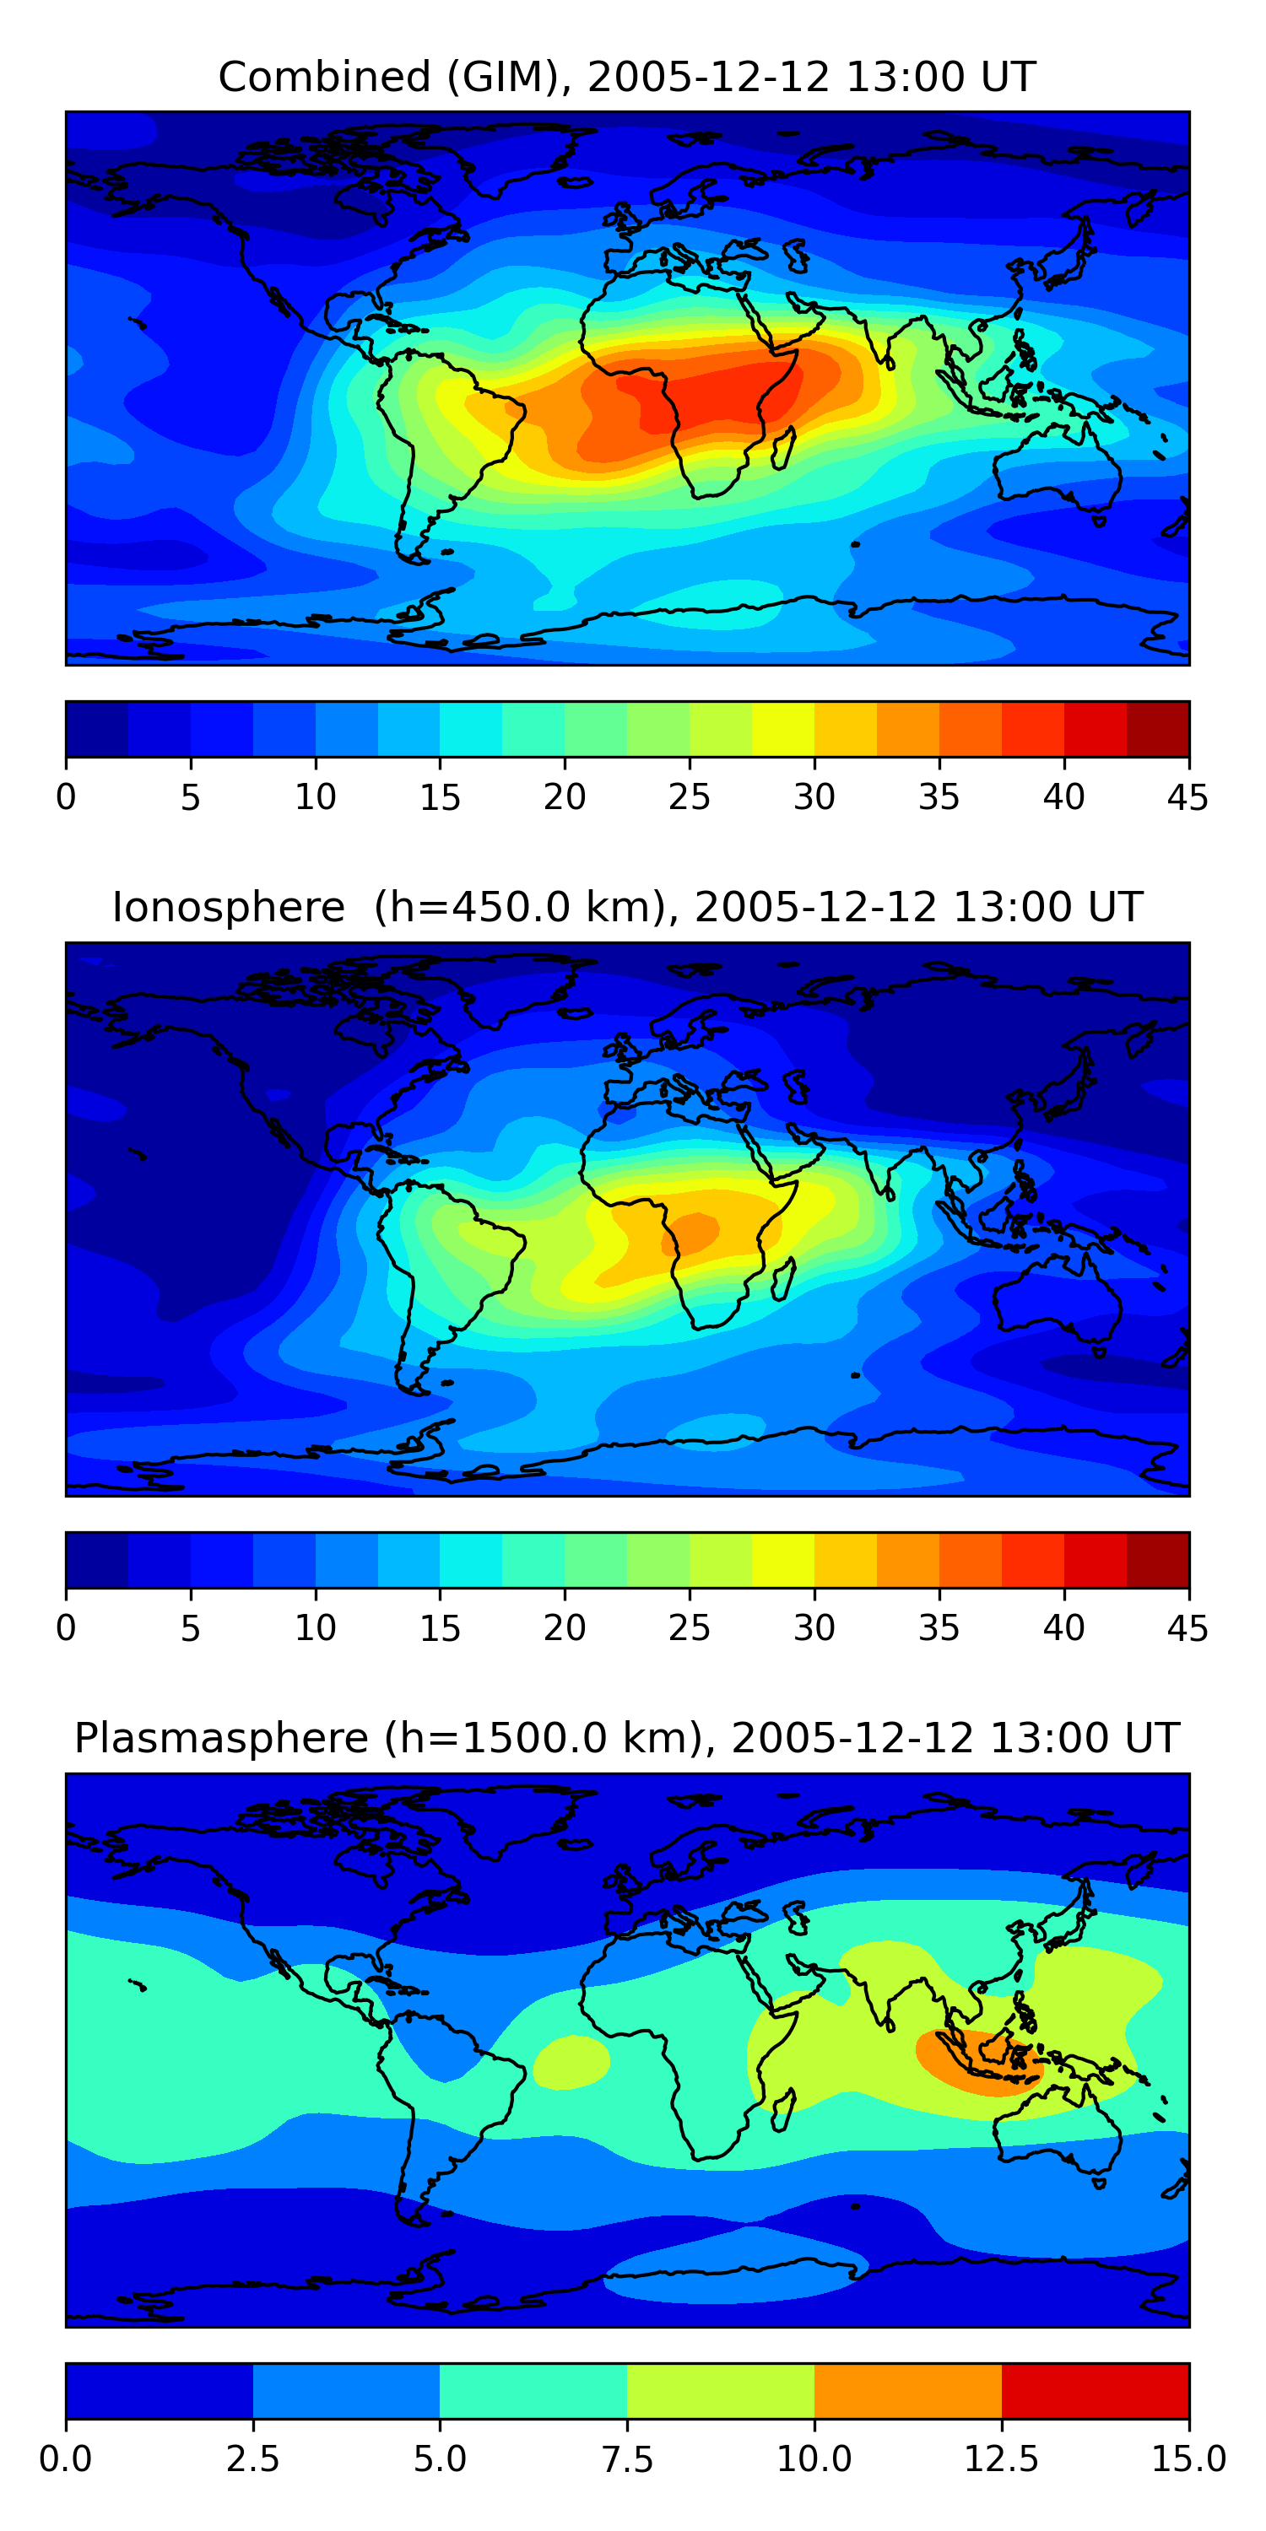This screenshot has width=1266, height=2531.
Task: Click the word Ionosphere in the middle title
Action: pyautogui.click(x=228, y=907)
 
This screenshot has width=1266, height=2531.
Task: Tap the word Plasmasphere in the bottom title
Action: pyautogui.click(x=221, y=1738)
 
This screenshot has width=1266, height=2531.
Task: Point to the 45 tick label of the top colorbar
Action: pyautogui.click(x=1188, y=796)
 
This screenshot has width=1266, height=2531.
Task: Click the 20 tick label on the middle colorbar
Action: pyautogui.click(x=564, y=1628)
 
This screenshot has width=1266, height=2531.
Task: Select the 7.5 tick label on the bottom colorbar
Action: pyautogui.click(x=627, y=2458)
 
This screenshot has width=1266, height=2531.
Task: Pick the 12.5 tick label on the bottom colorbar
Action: pyautogui.click(x=1001, y=2458)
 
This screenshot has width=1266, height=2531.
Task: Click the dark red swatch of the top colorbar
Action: pyautogui.click(x=1157, y=729)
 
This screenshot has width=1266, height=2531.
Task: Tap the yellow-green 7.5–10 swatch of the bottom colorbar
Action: pyautogui.click(x=721, y=2390)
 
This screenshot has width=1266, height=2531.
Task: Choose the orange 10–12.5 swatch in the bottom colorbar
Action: pyautogui.click(x=907, y=2390)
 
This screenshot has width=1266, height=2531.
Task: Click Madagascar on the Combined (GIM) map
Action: pyautogui.click(x=783, y=449)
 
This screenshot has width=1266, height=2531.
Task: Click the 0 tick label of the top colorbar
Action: pyautogui.click(x=66, y=796)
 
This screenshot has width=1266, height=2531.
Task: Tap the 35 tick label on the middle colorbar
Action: pyautogui.click(x=939, y=1628)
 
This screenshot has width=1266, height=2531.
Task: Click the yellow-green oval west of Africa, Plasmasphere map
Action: pyautogui.click(x=571, y=2061)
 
